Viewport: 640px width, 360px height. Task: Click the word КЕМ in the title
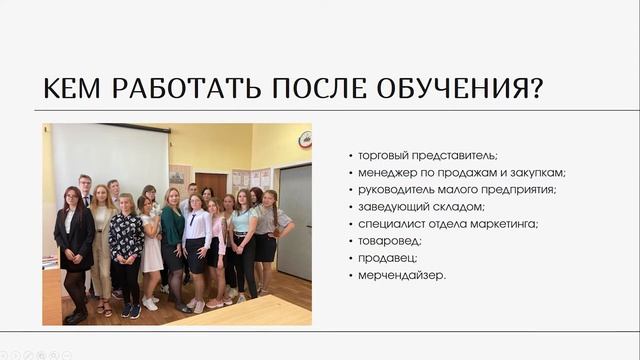pos(74,89)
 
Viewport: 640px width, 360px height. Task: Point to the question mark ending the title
pos(536,89)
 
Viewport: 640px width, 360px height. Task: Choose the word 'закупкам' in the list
pos(541,173)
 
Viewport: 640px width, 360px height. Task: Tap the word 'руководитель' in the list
pos(398,190)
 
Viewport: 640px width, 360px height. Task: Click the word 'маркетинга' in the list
pos(504,224)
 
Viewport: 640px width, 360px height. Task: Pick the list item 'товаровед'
pos(391,241)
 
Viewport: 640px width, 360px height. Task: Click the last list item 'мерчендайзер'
pos(402,275)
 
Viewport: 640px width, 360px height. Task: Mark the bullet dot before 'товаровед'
pos(351,241)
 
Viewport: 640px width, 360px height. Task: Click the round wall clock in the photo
pos(304,139)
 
